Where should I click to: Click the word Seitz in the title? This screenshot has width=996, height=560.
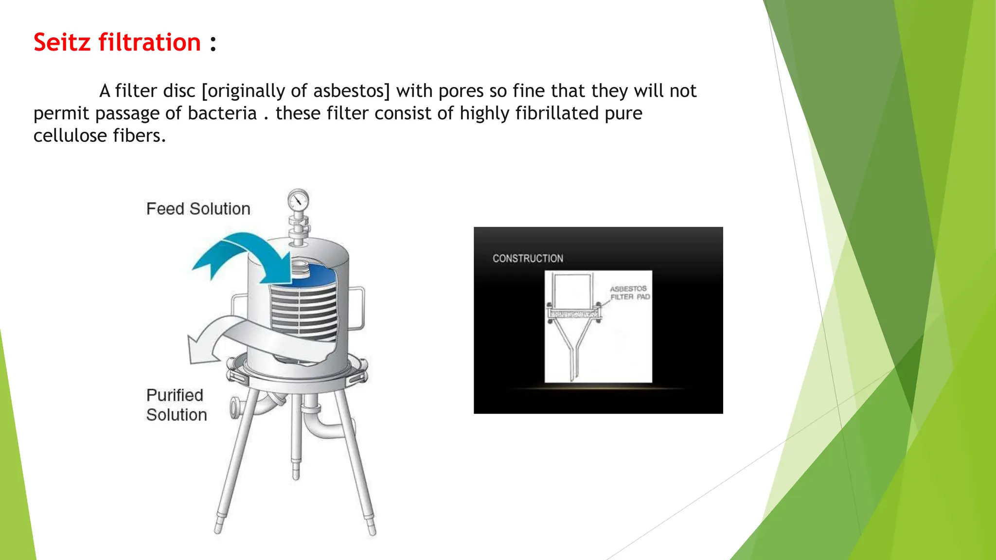point(62,42)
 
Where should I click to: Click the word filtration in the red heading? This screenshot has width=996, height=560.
point(149,42)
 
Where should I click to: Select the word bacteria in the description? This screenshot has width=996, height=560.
point(222,113)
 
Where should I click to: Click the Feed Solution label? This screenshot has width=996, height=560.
point(198,209)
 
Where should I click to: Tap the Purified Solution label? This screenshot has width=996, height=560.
point(176,405)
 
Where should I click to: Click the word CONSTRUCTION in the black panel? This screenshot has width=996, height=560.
point(528,259)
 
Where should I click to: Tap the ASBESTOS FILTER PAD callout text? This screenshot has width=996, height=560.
point(629,293)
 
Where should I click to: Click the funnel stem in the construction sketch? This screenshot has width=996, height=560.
point(574,360)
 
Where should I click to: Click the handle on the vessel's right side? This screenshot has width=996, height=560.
point(360,309)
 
